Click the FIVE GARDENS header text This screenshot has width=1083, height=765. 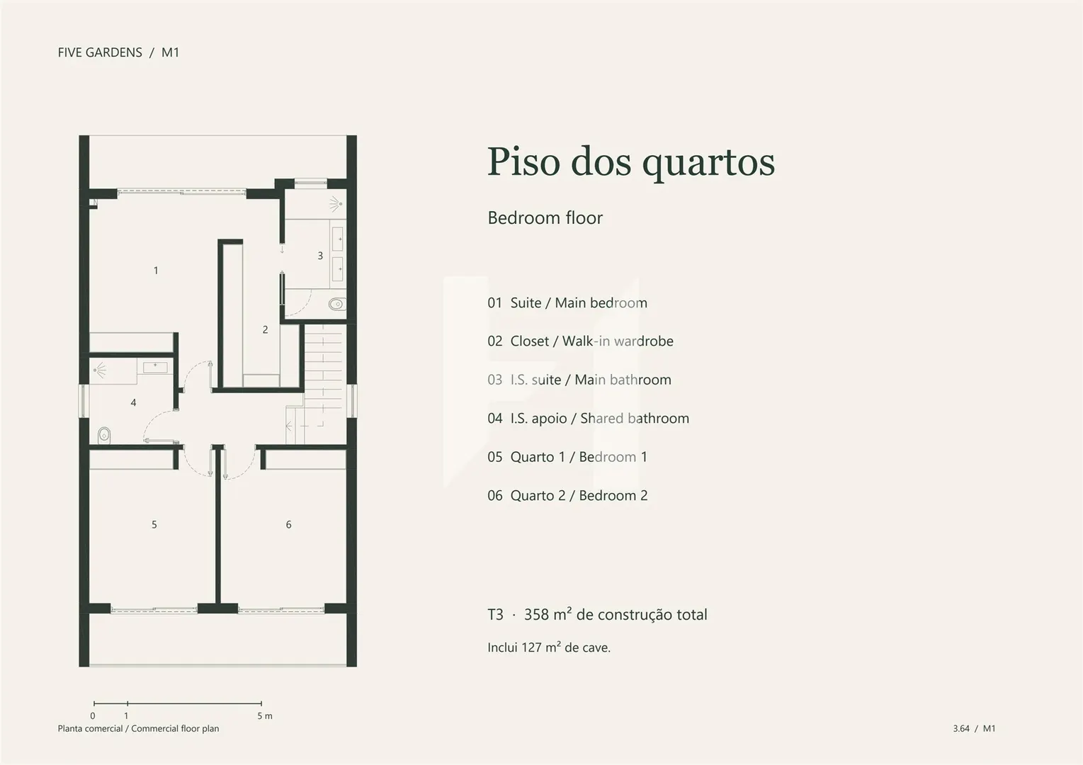point(100,52)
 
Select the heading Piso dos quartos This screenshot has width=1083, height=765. point(631,162)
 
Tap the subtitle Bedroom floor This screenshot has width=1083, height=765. point(545,217)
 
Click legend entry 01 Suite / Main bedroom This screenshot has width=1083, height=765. point(567,302)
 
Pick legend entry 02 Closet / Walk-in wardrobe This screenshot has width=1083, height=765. point(580,341)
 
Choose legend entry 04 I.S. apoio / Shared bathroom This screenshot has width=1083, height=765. point(588,419)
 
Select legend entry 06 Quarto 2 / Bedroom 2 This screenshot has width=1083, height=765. point(567,496)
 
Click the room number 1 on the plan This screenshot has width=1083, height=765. point(156,271)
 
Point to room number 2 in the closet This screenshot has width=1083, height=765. point(265,329)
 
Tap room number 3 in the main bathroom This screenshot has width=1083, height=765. point(320,255)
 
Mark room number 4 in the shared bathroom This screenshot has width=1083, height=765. point(133,402)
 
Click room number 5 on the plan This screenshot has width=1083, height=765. point(154,524)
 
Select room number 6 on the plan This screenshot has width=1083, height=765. point(289,524)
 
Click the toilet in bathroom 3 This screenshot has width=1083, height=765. point(337,304)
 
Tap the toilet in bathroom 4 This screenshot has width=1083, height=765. point(104,435)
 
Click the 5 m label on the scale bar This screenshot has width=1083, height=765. point(264,715)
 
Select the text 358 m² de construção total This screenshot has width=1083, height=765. point(616,615)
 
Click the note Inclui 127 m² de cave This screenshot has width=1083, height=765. point(549,647)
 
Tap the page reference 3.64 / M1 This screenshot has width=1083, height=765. point(974,728)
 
